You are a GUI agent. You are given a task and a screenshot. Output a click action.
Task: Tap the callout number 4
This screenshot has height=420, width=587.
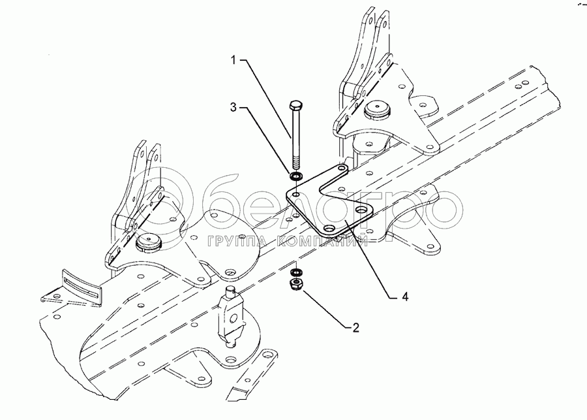click(x=405, y=297)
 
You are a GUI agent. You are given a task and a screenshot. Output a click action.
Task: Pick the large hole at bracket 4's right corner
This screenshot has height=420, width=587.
click(x=362, y=211)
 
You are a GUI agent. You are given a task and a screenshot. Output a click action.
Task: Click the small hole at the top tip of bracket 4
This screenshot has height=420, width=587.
click(x=340, y=169)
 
